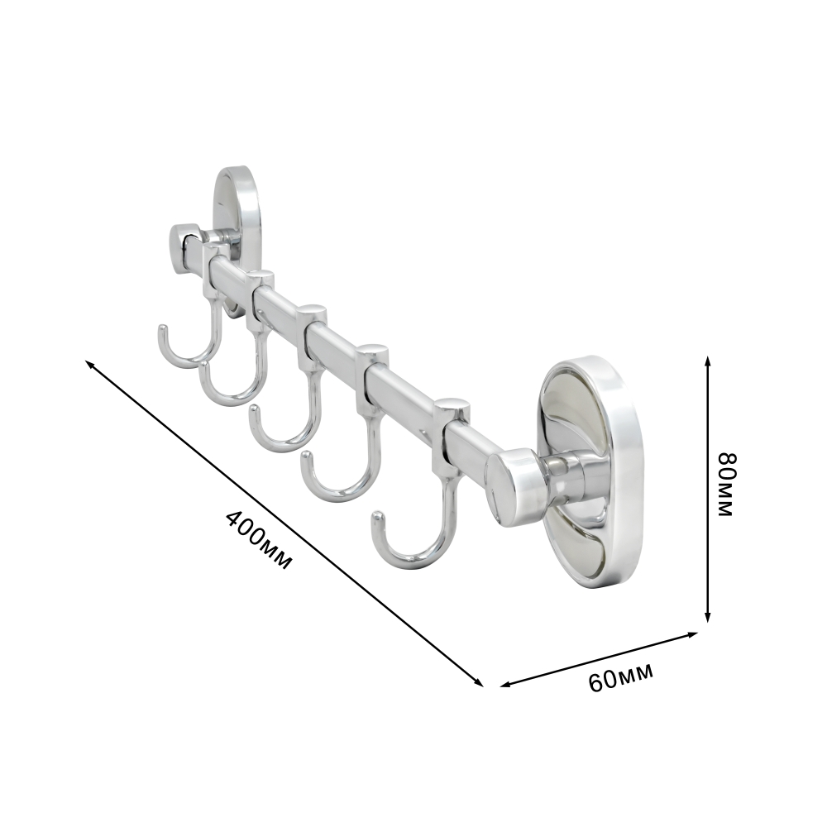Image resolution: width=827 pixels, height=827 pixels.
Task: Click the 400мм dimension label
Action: [x=258, y=540]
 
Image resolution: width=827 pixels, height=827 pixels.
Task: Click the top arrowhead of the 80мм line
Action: [x=708, y=361]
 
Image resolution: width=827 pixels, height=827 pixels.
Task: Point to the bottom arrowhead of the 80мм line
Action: [x=708, y=617]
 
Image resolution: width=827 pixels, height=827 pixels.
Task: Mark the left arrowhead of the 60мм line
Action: [x=505, y=685]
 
